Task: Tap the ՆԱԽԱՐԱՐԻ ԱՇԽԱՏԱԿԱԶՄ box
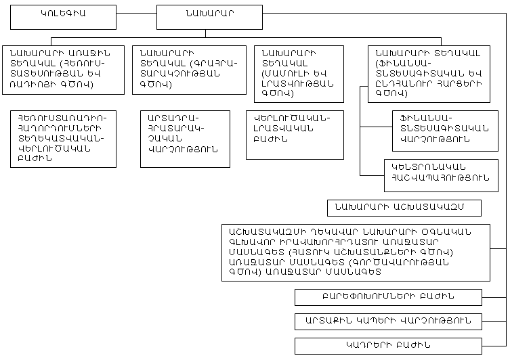click(404, 208)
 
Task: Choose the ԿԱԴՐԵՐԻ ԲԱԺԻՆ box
click(388, 346)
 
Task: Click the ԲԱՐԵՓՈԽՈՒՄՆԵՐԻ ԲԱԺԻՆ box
click(388, 297)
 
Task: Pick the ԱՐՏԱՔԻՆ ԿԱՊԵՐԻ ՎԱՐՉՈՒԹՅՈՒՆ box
click(388, 321)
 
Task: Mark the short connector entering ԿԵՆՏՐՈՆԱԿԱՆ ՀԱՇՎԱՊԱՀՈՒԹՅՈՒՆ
click(371, 174)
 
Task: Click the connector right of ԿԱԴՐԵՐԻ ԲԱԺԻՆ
click(494, 346)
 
